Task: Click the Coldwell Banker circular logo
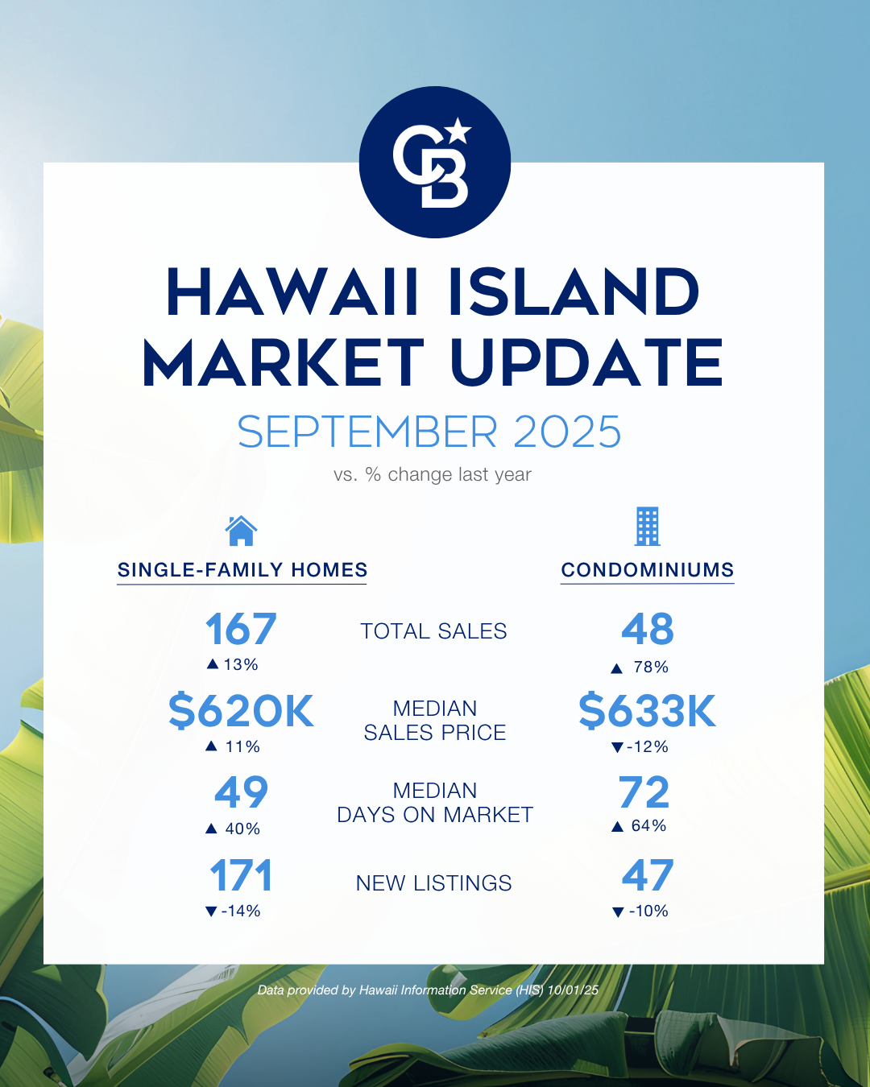(x=435, y=162)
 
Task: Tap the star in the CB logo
(x=459, y=130)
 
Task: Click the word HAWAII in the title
(x=292, y=292)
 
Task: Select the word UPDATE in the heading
(x=587, y=362)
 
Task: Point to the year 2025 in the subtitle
(x=567, y=432)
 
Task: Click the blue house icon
(x=241, y=531)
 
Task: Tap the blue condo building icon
(x=648, y=527)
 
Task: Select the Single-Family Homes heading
(x=242, y=570)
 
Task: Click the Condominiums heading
(x=648, y=570)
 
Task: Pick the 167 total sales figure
(x=241, y=629)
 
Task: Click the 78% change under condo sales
(x=651, y=667)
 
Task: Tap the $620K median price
(x=241, y=711)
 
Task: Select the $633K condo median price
(x=648, y=711)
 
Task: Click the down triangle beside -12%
(x=617, y=747)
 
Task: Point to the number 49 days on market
(x=241, y=792)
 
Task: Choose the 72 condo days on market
(x=644, y=792)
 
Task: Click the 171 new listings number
(x=241, y=875)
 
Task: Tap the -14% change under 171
(x=241, y=911)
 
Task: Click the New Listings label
(x=433, y=883)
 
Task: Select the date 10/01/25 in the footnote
(x=573, y=990)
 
